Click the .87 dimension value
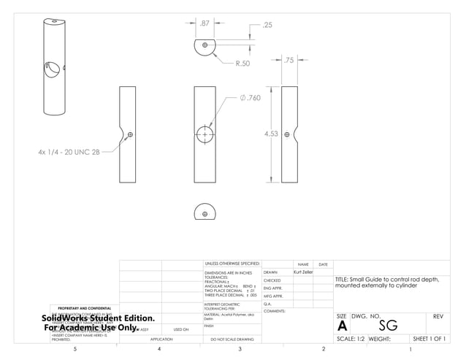tap(205, 23)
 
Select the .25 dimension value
tap(267, 25)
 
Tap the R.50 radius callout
tap(242, 64)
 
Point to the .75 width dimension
tap(289, 61)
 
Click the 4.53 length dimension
tap(271, 134)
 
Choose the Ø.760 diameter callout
tap(249, 98)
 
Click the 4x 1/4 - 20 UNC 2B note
tap(68, 152)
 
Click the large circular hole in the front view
tap(205, 135)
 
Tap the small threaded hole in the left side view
tap(130, 134)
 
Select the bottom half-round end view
tap(205, 211)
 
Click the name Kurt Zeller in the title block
tap(302, 271)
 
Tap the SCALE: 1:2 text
tap(351, 339)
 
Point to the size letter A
tap(342, 326)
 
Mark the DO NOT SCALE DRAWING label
tap(232, 340)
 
